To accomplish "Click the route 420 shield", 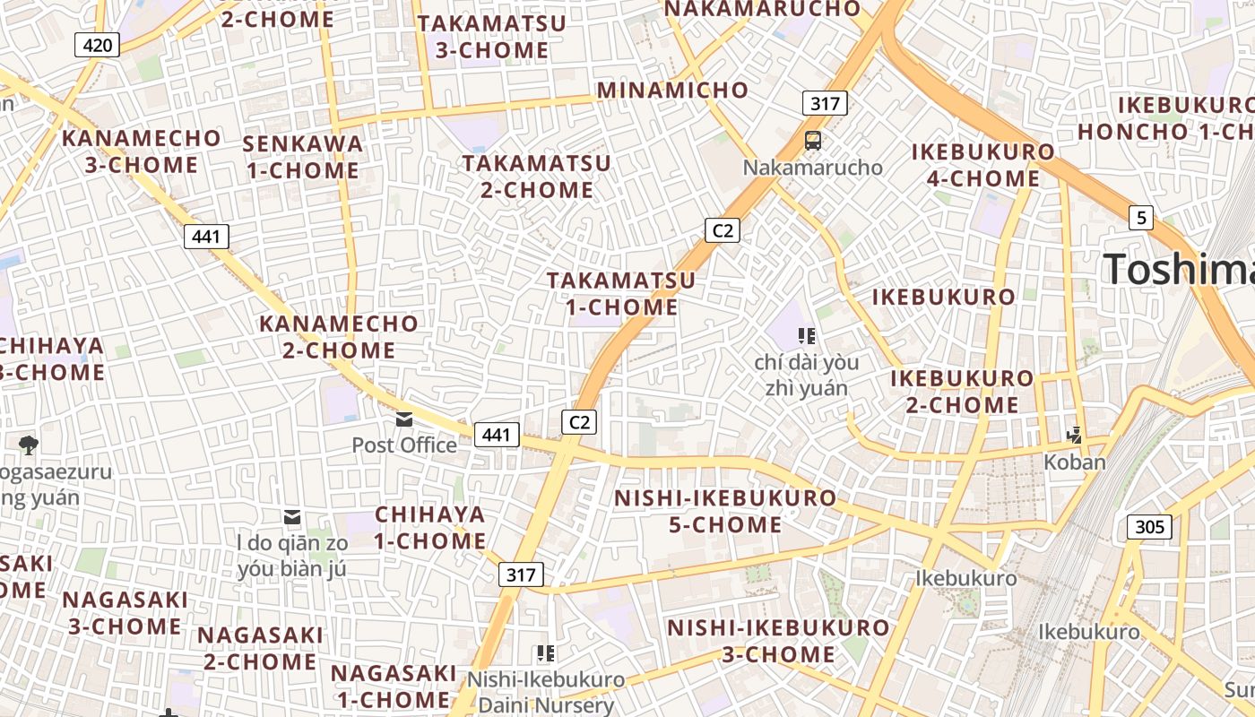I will (x=97, y=45).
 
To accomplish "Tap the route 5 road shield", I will (x=1140, y=217).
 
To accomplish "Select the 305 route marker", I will (x=1149, y=527).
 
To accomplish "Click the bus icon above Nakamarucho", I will (x=813, y=141).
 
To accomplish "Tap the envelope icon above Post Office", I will (x=404, y=419).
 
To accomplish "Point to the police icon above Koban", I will (x=1075, y=436).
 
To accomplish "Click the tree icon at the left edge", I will (x=29, y=444).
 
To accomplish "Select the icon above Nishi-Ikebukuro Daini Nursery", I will (x=545, y=653).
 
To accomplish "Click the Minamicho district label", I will (x=672, y=90).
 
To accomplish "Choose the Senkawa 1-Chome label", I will (x=303, y=157).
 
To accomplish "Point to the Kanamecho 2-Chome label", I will (x=339, y=336).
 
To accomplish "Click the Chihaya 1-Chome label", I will (x=430, y=528).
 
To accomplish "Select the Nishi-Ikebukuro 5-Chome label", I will (x=725, y=511).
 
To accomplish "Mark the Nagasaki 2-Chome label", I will (x=260, y=648).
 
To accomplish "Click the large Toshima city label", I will (x=1178, y=269).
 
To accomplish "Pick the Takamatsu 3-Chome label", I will (x=492, y=37).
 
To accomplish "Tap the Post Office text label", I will (x=404, y=445).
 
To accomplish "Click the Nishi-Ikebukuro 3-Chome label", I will (x=778, y=641).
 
